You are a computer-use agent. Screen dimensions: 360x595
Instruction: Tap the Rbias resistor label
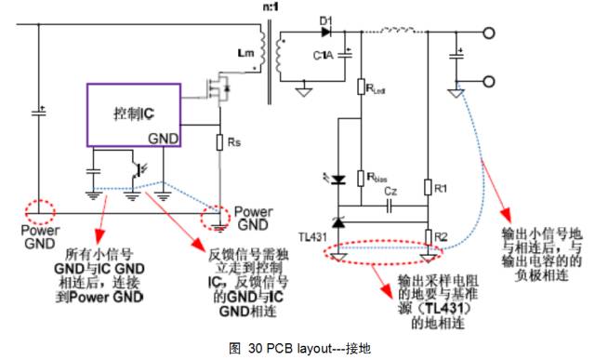376,174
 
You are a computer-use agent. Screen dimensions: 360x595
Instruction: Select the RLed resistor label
377,90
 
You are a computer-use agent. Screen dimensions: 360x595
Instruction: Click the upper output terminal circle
488,33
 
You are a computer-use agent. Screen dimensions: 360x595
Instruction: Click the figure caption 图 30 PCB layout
298,348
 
